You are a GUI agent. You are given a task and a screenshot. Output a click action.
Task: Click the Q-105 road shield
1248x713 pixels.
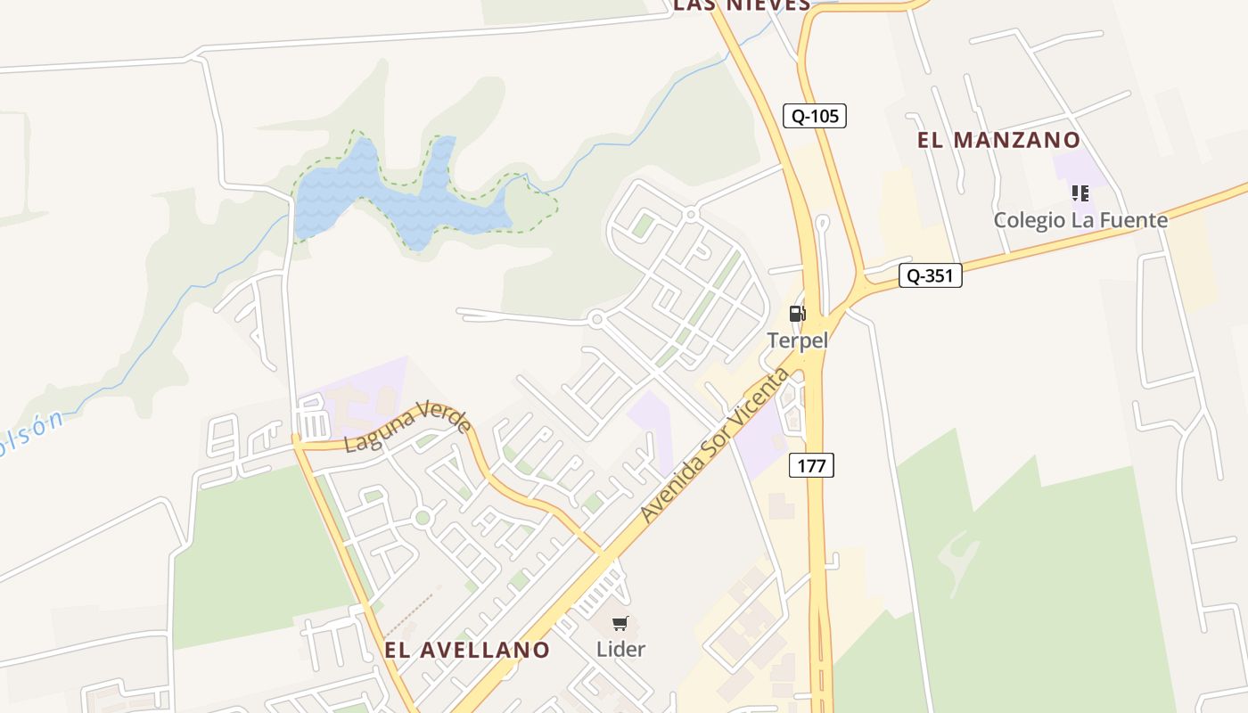pos(814,116)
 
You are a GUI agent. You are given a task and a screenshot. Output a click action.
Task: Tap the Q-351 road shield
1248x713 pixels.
pos(930,276)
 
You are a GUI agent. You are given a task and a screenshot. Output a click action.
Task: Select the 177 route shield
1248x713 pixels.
pos(811,465)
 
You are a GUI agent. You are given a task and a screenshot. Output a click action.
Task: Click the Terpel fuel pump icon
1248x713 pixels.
pos(797,314)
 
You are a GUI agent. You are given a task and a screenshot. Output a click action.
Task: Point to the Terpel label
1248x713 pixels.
pos(798,340)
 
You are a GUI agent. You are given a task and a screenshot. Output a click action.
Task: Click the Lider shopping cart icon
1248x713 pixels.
pos(620,623)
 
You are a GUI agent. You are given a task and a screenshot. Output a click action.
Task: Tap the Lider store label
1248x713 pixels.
pos(620,649)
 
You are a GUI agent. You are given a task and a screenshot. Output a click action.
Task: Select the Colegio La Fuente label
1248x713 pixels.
pos(1080,219)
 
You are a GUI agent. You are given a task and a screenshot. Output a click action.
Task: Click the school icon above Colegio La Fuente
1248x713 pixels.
pos(1080,193)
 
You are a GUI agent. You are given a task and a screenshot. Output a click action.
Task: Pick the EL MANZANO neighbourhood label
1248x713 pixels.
pos(998,140)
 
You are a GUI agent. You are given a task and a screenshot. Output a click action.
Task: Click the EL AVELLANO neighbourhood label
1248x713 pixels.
pos(467,650)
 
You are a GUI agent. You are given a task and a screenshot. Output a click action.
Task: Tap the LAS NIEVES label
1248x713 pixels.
pos(741,5)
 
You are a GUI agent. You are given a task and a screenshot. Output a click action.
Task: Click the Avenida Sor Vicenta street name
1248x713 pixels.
pos(715,445)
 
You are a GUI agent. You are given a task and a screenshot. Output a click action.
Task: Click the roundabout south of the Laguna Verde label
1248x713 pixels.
pos(423,517)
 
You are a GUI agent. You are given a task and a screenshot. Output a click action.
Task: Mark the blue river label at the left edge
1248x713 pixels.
pos(30,435)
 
